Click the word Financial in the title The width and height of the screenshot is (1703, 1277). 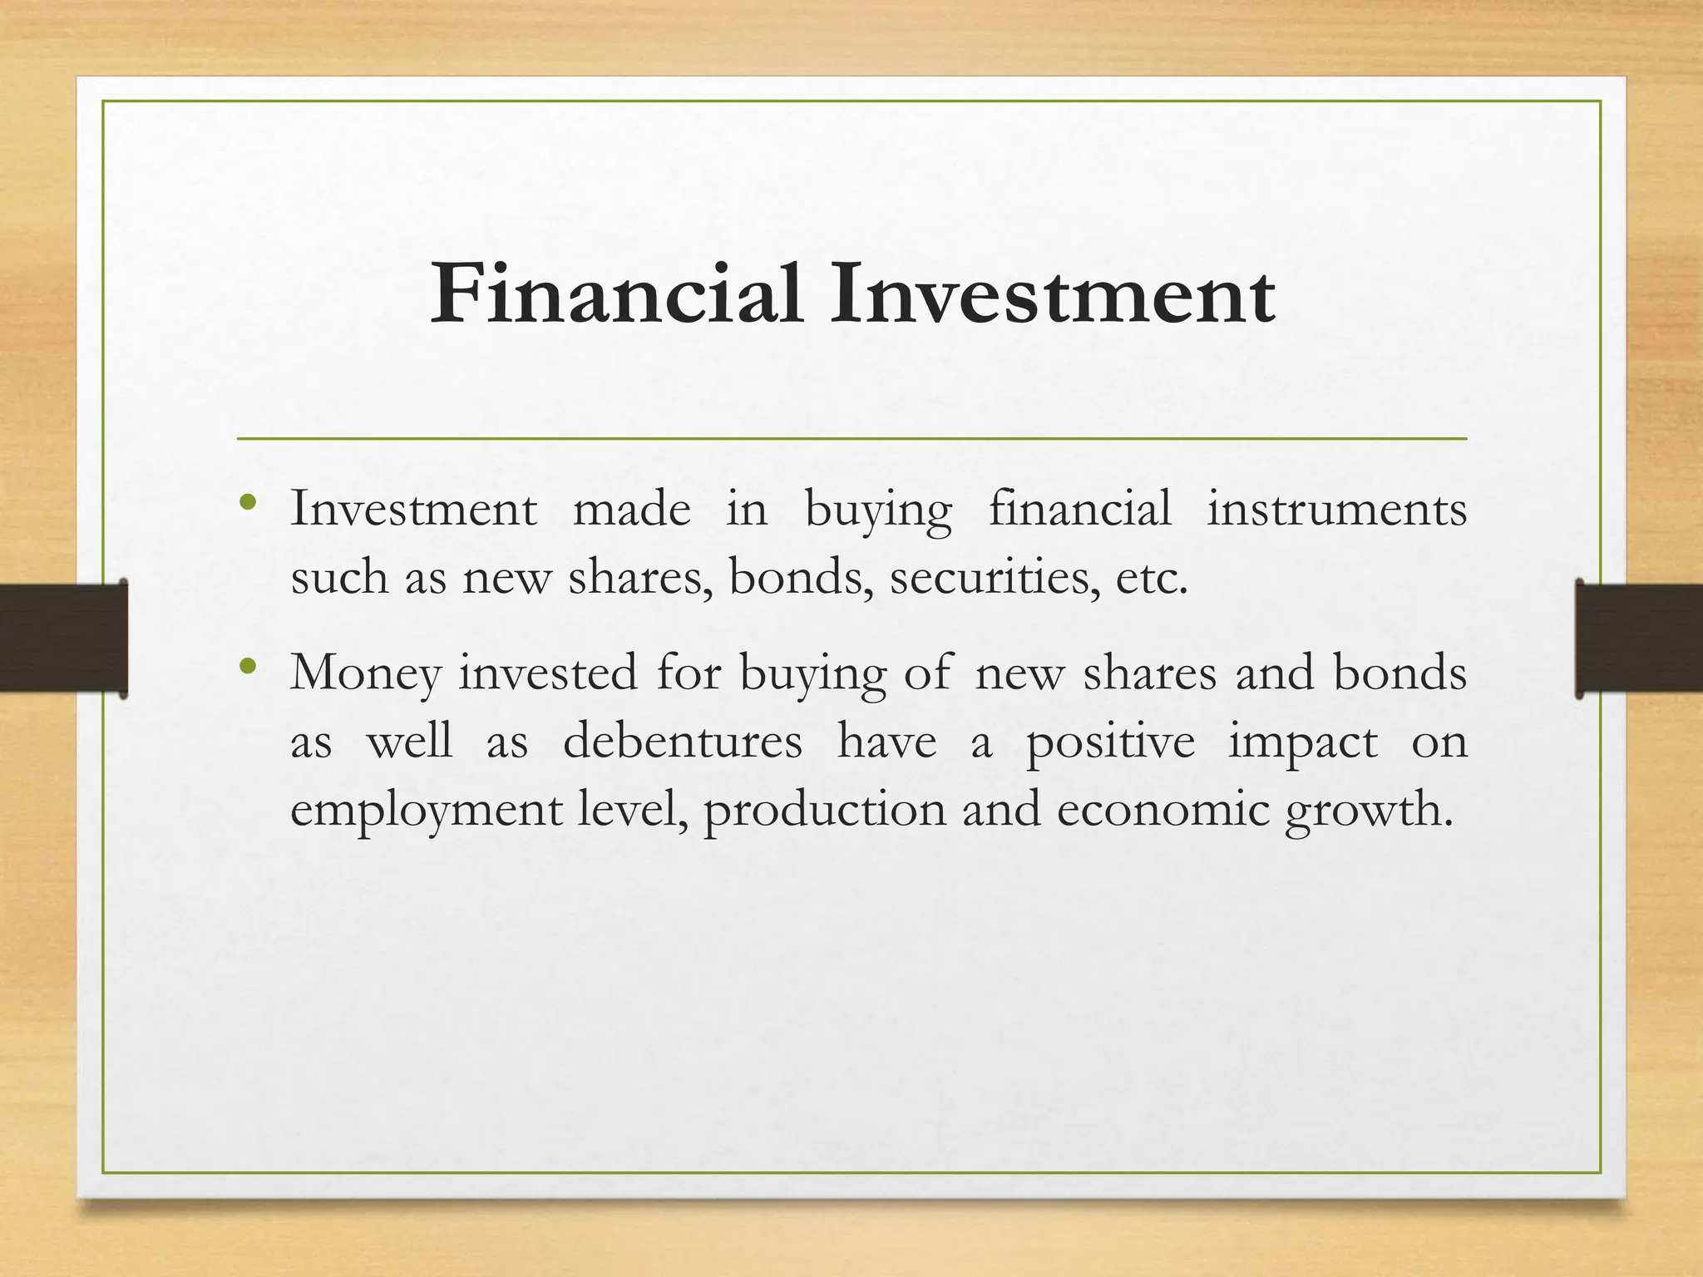coord(616,294)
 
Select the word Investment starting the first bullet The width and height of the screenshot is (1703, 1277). coord(413,509)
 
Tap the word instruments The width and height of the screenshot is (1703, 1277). coord(1336,509)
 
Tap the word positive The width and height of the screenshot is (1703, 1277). coord(1110,742)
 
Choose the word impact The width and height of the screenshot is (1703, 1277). coord(1302,742)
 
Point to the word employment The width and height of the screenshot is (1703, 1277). coord(426,810)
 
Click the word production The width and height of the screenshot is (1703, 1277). coord(824,810)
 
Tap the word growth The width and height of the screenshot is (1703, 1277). coord(1368,810)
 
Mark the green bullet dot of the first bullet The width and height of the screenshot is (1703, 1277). coord(247,502)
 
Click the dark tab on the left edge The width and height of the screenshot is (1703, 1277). coord(63,638)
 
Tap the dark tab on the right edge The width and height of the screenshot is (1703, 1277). coord(1638,638)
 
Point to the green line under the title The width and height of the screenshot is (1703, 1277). coord(851,438)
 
